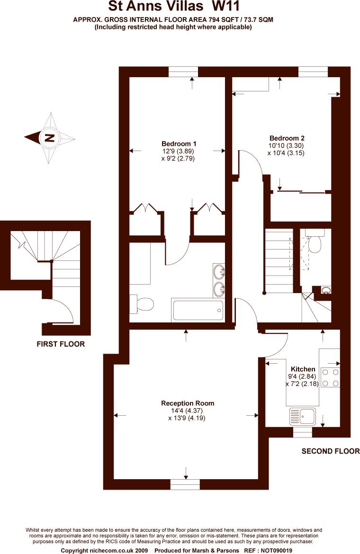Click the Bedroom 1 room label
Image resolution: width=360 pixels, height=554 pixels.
(179, 144)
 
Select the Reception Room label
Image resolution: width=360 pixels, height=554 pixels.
(188, 403)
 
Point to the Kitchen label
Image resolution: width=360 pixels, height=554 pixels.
(303, 369)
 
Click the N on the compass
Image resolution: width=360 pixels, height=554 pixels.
(49, 138)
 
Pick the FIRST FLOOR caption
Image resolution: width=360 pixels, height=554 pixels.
(61, 344)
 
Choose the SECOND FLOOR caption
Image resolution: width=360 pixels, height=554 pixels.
(331, 451)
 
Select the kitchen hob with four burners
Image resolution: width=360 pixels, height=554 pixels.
(330, 377)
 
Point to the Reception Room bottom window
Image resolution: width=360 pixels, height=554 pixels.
(185, 484)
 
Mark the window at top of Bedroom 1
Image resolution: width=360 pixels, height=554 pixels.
(183, 71)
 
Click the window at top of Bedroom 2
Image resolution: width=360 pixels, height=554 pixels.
(313, 71)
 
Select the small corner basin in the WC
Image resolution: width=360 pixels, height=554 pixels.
(325, 290)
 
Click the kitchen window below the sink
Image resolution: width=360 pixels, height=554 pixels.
(302, 432)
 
